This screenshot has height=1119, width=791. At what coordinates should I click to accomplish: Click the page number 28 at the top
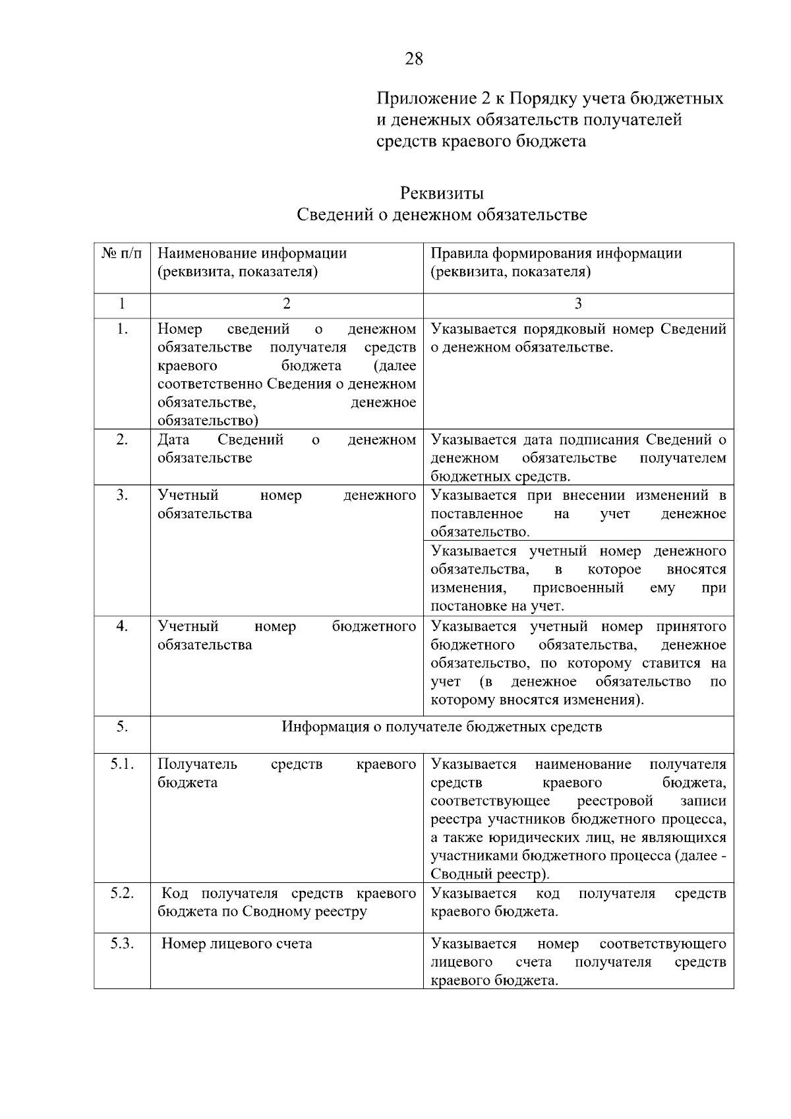coord(414,59)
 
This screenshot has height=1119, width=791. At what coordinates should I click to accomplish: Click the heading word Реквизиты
coord(442,193)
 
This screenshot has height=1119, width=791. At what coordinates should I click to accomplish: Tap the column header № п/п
coord(122,253)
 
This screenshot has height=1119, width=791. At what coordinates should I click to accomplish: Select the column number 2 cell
coord(286,303)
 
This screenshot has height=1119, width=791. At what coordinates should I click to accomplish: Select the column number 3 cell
coord(578,303)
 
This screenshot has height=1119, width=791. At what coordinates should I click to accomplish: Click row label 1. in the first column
coord(122,329)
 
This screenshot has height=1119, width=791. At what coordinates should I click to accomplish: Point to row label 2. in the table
coord(122,440)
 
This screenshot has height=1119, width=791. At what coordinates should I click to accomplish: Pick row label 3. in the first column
coord(122,495)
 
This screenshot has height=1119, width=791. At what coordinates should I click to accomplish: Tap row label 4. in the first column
coord(122,626)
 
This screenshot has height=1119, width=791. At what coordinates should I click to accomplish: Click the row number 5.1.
coord(122,764)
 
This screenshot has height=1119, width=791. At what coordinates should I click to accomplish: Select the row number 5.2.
coord(122,893)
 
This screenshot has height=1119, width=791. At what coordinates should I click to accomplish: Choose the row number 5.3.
coord(122,944)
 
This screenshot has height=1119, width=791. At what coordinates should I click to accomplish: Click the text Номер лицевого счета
coord(237,944)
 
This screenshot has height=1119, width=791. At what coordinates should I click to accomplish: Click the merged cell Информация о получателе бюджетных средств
coord(442,727)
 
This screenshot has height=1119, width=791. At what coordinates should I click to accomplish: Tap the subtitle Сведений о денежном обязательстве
coord(442,215)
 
